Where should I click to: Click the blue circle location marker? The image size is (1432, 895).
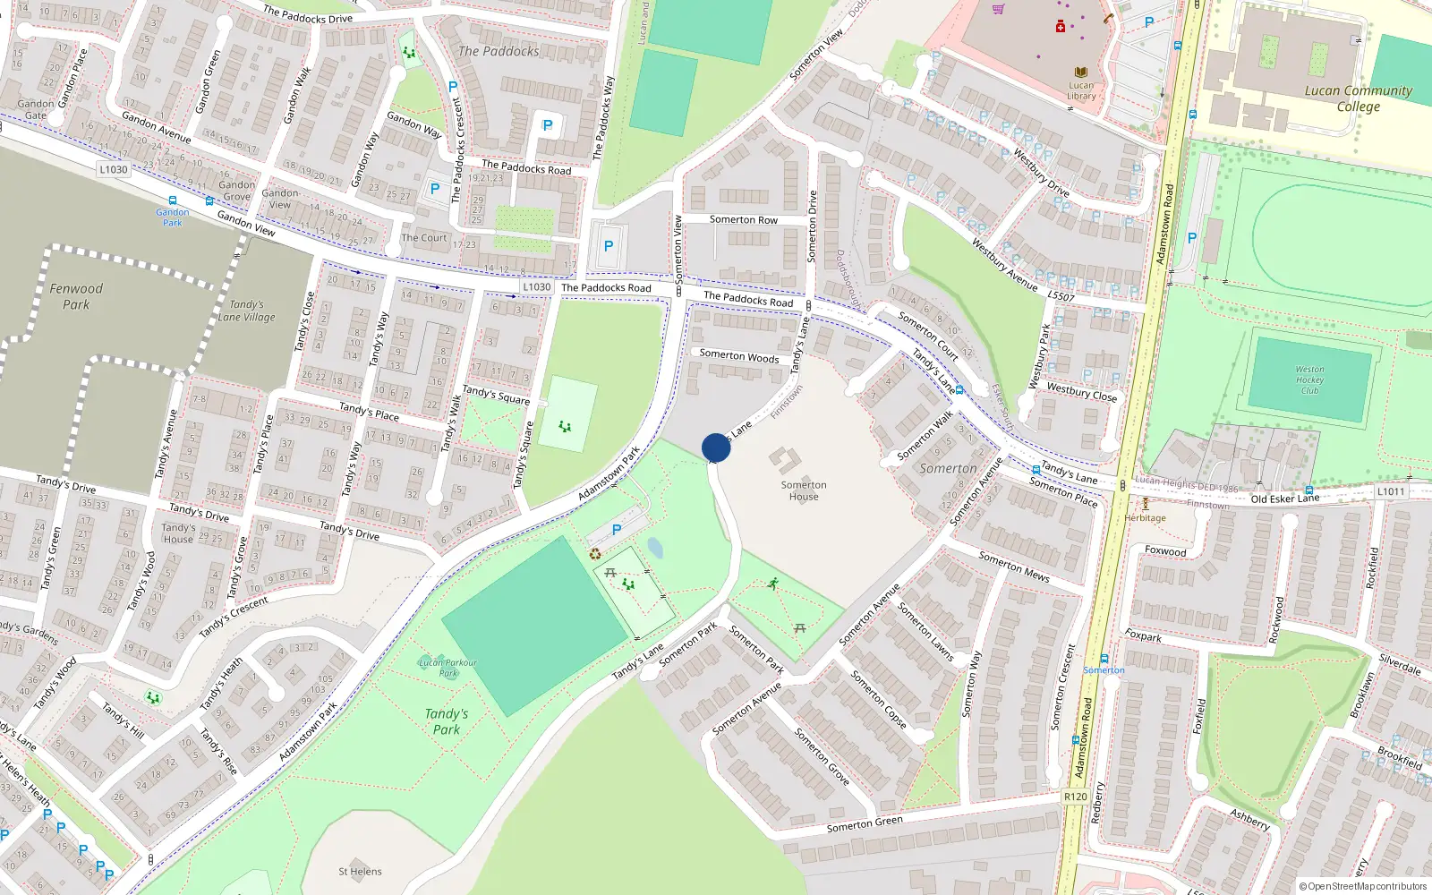point(716,447)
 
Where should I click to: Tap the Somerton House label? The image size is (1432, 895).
point(804,490)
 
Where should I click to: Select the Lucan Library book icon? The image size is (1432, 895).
point(1081,72)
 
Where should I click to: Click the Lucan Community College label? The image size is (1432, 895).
point(1358,98)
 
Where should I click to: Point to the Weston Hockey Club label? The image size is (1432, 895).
point(1309,379)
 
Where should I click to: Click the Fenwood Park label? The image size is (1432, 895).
point(76,296)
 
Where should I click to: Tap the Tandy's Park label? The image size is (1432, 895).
point(447,721)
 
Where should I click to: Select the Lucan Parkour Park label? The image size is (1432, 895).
point(448,668)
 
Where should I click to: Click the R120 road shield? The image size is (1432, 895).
point(1076,797)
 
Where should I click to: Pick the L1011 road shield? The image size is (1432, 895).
point(1390,491)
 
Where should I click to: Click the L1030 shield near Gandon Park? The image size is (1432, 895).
point(114,169)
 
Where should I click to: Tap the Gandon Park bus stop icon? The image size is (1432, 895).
point(173,201)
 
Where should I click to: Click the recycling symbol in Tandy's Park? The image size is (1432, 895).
point(595,554)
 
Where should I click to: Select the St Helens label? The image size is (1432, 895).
point(360,871)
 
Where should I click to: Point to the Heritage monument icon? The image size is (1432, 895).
point(1145,504)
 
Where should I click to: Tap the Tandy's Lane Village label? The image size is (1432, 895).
point(246,311)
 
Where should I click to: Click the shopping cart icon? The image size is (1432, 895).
point(998,9)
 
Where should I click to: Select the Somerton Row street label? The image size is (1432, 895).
point(743,219)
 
